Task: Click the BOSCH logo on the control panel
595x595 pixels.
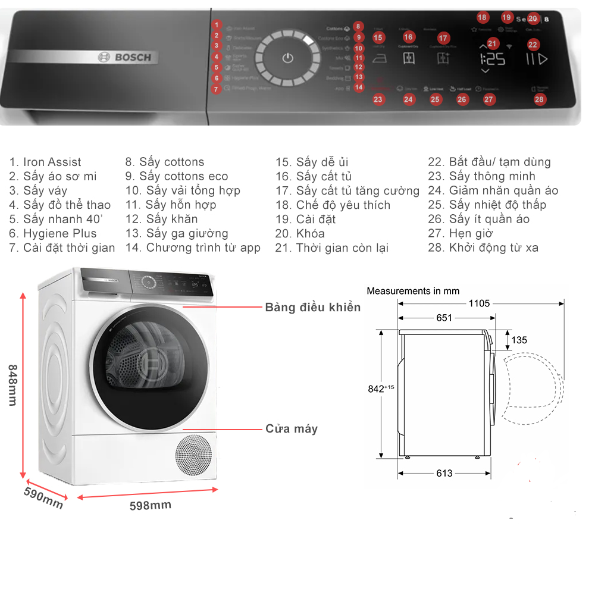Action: click(124, 57)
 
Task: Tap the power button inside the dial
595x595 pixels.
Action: click(288, 58)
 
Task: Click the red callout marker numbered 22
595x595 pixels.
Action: click(533, 44)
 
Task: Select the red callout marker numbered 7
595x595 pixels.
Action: click(217, 89)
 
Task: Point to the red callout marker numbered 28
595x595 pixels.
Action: click(539, 99)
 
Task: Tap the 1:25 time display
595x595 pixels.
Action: click(492, 59)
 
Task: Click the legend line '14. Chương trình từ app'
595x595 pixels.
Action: click(193, 248)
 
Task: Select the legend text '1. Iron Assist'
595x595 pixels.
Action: click(45, 162)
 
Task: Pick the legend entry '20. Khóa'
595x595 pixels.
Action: click(300, 233)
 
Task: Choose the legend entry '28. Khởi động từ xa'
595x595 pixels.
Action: click(483, 248)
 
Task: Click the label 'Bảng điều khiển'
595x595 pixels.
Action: click(313, 307)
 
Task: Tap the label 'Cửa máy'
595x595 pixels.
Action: click(292, 428)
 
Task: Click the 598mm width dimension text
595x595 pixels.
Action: click(151, 505)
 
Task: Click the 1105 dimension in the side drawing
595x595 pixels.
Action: click(479, 303)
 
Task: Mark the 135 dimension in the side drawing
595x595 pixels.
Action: click(519, 340)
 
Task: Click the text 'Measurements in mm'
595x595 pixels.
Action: click(413, 291)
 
